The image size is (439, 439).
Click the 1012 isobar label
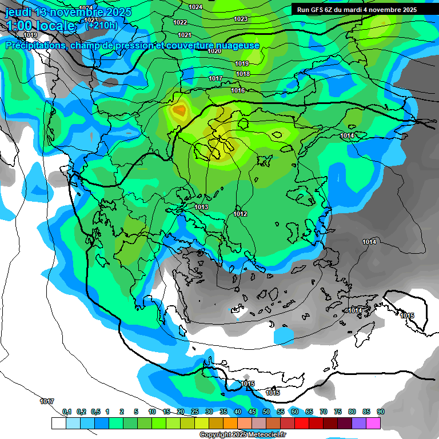click(240, 214)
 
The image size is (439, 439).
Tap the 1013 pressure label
click(201, 207)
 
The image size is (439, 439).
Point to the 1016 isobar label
click(238, 91)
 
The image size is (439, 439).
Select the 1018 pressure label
click(243, 74)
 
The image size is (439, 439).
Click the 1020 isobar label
click(214, 51)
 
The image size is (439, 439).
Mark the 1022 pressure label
click(180, 22)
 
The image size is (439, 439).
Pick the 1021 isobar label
click(184, 35)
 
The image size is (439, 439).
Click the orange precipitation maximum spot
click(181, 110)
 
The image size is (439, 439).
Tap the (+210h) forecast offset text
click(101, 25)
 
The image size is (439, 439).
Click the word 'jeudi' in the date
click(18, 12)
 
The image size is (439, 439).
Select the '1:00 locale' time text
click(40, 26)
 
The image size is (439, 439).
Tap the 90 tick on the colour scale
click(381, 412)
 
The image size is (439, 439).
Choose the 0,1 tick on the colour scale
click(67, 412)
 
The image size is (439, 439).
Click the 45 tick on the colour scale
click(252, 412)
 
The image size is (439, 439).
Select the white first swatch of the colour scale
click(58, 423)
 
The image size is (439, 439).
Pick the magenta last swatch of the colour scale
click(373, 423)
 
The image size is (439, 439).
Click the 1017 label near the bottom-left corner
click(47, 402)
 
